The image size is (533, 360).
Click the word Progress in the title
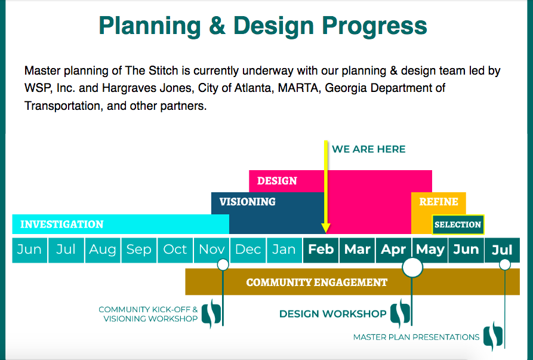pyautogui.click(x=374, y=26)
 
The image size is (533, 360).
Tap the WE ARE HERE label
pyautogui.click(x=368, y=149)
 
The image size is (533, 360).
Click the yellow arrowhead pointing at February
pyautogui.click(x=326, y=228)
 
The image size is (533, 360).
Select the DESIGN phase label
pyautogui.click(x=277, y=181)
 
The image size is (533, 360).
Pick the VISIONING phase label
pyautogui.click(x=248, y=202)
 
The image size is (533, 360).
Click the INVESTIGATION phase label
pyautogui.click(x=62, y=224)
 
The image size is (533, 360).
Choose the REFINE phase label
pyautogui.click(x=439, y=202)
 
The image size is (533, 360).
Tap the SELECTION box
pyautogui.click(x=458, y=224)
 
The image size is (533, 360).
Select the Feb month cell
pyautogui.click(x=321, y=250)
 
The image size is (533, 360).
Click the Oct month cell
pyautogui.click(x=175, y=250)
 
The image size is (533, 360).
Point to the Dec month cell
pyautogui.click(x=248, y=250)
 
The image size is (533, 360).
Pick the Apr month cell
pyautogui.click(x=393, y=250)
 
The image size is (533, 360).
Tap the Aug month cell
pyautogui.click(x=102, y=250)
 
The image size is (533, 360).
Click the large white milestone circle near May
pyautogui.click(x=412, y=267)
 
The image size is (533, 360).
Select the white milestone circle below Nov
pyautogui.click(x=223, y=264)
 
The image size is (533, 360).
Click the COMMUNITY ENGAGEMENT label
pyautogui.click(x=317, y=282)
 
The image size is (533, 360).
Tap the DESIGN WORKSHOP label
pyautogui.click(x=333, y=314)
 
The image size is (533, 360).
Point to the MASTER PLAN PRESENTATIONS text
pyautogui.click(x=416, y=337)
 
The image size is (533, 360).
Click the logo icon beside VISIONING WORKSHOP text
pyautogui.click(x=211, y=313)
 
